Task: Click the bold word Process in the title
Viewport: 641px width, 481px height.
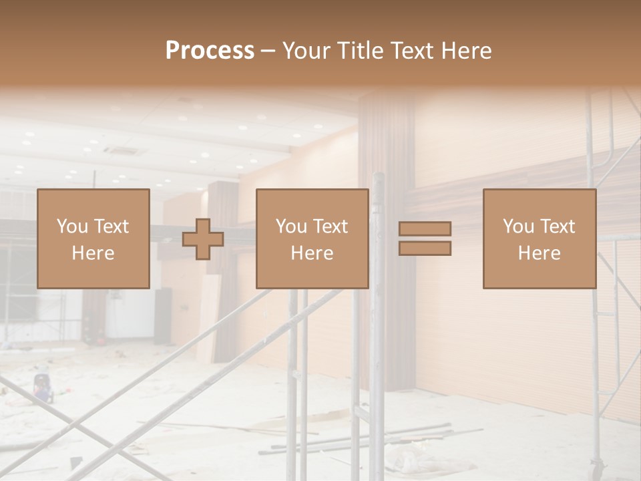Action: pos(210,51)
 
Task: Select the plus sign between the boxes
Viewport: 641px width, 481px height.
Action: pos(203,239)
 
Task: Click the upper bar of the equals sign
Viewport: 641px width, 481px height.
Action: pos(425,228)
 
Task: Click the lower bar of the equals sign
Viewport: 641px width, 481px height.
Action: pos(425,249)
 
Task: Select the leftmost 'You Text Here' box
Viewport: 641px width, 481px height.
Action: pos(93,239)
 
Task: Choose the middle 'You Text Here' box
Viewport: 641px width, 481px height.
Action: pos(312,239)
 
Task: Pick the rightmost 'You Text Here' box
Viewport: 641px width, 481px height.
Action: pos(540,239)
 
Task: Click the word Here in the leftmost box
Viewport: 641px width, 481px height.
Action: pos(93,253)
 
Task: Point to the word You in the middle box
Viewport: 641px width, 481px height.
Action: pos(291,226)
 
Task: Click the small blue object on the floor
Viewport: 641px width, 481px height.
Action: pos(43,390)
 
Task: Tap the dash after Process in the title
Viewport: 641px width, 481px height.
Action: pos(268,51)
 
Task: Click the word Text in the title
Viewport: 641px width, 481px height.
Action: pos(411,51)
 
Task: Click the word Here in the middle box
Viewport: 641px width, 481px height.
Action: pos(312,253)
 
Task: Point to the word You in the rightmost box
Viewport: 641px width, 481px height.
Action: pos(518,226)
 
